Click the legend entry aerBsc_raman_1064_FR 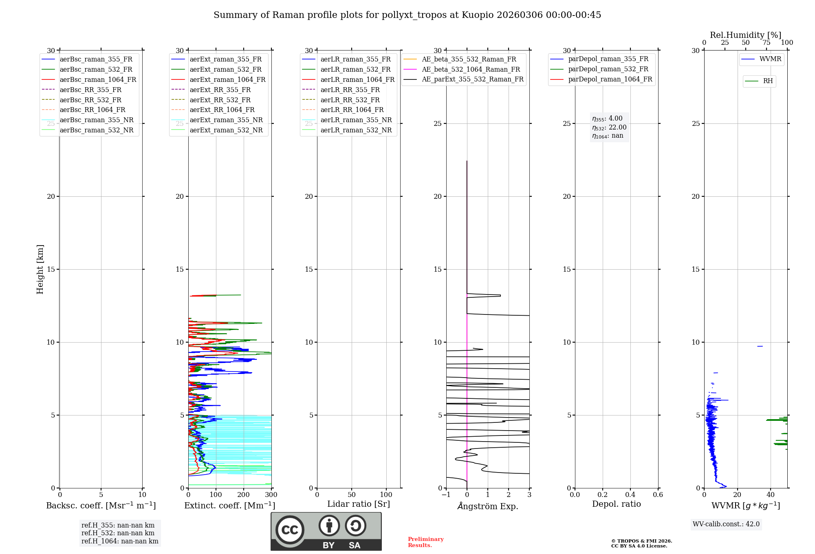point(98,80)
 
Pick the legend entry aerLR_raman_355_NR point(356,120)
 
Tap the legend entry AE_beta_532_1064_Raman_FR point(471,70)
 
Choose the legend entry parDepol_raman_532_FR point(608,69)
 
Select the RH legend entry point(768,81)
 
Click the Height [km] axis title point(40,269)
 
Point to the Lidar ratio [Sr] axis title point(359,504)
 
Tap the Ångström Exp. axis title point(488,506)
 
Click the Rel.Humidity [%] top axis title point(745,35)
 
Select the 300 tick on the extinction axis point(271,495)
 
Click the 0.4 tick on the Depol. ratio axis point(630,495)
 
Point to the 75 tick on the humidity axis point(767,43)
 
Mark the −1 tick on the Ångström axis point(446,495)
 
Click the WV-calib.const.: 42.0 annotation point(726,524)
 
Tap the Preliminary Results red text point(425,542)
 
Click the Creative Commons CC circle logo point(290,530)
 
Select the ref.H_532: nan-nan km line point(118,533)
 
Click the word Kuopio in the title point(477,15)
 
